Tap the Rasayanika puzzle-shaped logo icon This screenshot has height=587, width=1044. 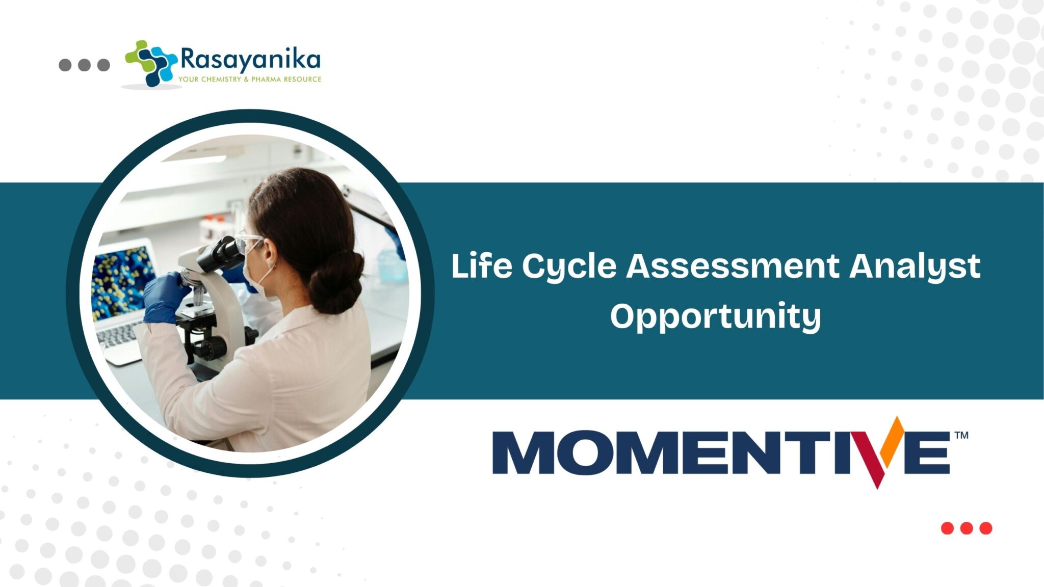(151, 63)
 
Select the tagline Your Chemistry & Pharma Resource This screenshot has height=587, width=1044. (250, 79)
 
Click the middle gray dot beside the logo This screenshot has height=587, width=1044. (84, 65)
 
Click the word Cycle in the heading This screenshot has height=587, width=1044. (569, 266)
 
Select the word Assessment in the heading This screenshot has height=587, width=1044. (733, 265)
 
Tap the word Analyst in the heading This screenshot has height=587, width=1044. (915, 266)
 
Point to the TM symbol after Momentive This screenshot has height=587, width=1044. (961, 435)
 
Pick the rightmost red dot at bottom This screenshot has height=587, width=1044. (986, 528)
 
